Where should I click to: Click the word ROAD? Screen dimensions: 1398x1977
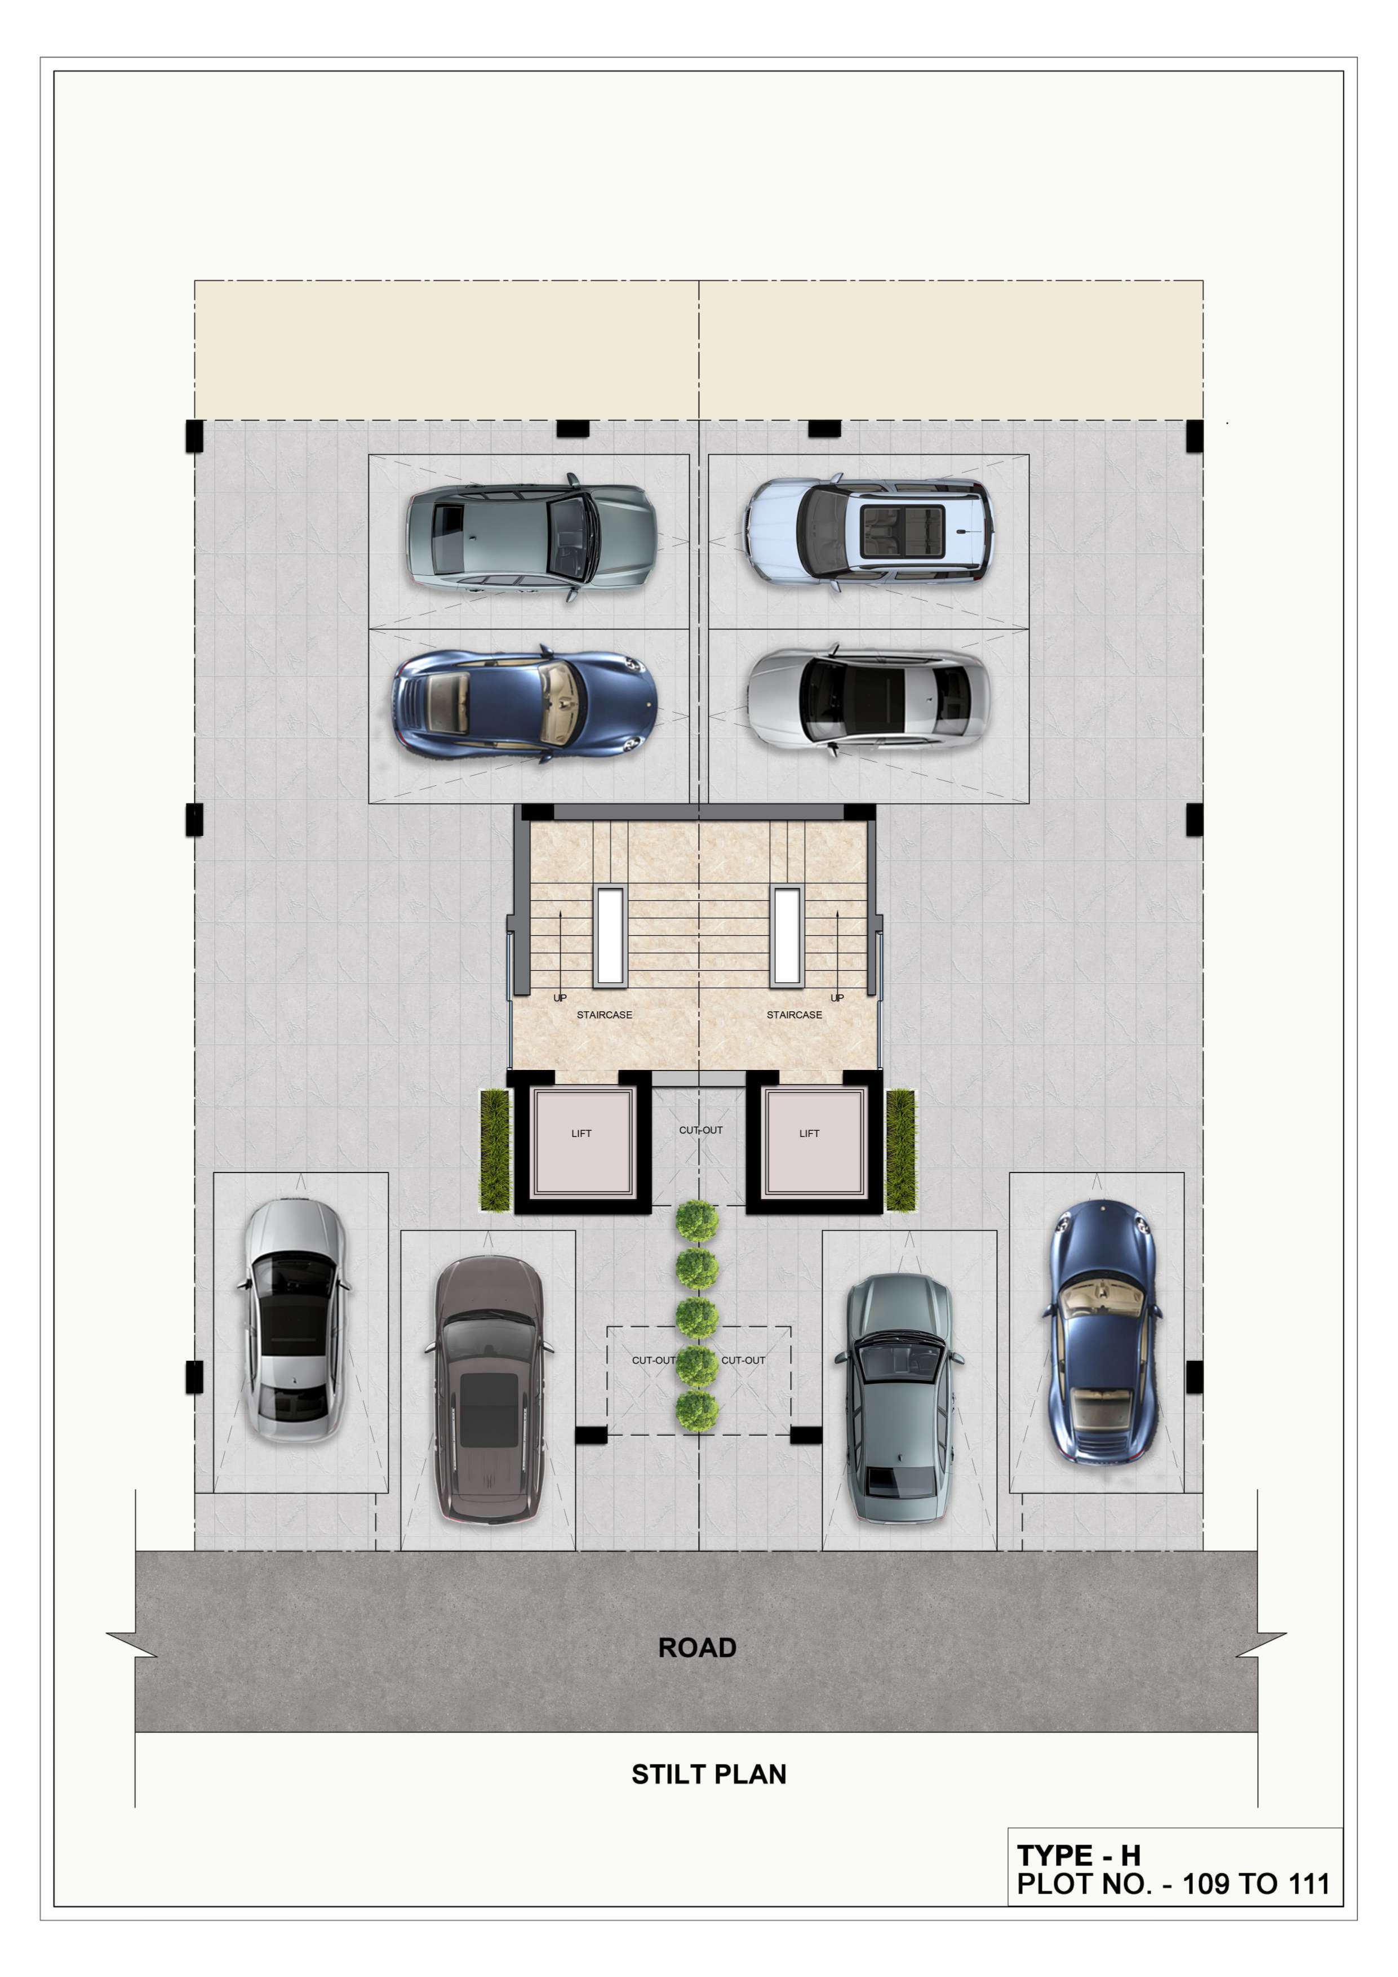click(x=697, y=1647)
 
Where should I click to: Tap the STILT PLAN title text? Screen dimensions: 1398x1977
click(x=709, y=1774)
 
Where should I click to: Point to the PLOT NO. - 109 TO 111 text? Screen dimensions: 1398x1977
click(x=1173, y=1884)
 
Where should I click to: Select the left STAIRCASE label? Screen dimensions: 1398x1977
click(x=604, y=1014)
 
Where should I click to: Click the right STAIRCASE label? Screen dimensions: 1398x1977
click(x=794, y=1014)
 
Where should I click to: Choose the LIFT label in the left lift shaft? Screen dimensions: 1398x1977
click(x=582, y=1133)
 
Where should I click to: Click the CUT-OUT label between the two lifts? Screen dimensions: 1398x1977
click(x=700, y=1130)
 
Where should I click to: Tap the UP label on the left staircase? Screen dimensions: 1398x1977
click(x=560, y=998)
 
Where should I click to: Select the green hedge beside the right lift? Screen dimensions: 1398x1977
click(x=900, y=1149)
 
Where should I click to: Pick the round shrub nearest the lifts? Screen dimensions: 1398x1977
click(x=697, y=1221)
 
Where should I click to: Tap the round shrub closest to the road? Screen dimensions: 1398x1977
click(x=697, y=1410)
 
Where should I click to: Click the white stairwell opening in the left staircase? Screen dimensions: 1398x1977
click(x=609, y=935)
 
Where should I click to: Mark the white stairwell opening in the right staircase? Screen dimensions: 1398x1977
click(x=787, y=935)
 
